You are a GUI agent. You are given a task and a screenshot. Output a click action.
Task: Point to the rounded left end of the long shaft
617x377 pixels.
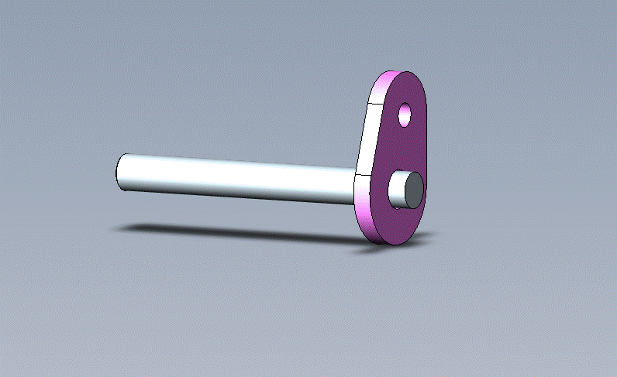[119, 171]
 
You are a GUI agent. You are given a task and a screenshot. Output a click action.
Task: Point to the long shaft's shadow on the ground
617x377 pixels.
[233, 231]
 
